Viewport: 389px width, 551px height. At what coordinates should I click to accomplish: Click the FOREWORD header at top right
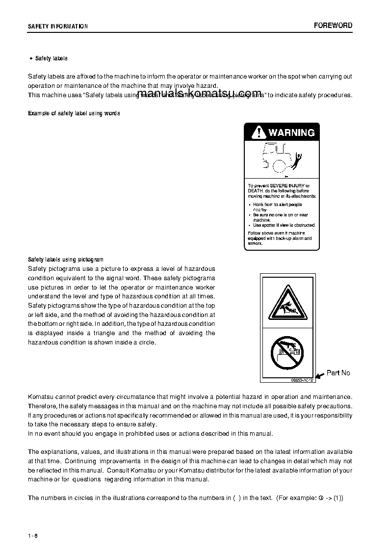click(x=333, y=26)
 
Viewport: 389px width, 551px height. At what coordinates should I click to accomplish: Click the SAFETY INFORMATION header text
click(x=58, y=26)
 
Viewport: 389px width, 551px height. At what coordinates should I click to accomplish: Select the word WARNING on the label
click(x=291, y=132)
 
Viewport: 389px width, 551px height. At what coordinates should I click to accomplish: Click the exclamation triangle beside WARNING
click(x=257, y=132)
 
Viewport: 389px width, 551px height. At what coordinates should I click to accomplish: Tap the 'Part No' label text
click(x=338, y=373)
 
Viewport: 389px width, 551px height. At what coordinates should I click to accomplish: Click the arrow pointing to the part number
click(x=319, y=375)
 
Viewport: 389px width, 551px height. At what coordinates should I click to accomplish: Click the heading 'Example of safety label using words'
click(x=74, y=113)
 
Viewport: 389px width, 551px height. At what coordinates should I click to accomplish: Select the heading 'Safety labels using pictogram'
click(x=66, y=260)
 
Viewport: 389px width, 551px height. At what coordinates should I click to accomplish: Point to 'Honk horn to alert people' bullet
click(x=277, y=205)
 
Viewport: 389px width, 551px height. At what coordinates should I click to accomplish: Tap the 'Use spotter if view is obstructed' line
click(x=284, y=225)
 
